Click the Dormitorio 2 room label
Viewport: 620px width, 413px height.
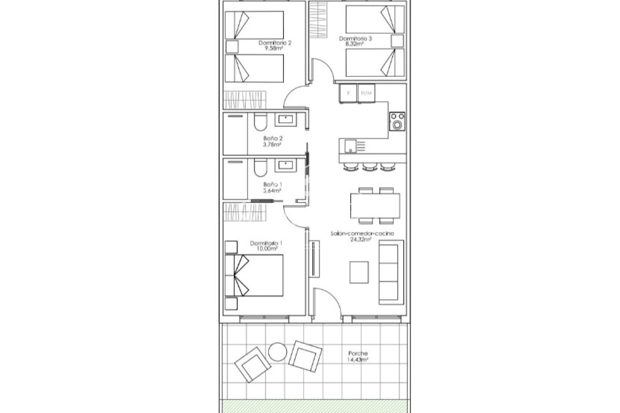point(275,43)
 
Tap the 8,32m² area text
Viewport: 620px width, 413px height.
point(355,44)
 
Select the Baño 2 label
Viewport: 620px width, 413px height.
point(273,138)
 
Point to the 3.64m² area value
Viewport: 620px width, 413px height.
point(272,190)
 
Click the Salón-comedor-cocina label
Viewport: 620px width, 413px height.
point(362,234)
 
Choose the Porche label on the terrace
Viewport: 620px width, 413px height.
point(358,354)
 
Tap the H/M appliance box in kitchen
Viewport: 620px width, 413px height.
point(366,93)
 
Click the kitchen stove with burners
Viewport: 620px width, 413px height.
point(397,121)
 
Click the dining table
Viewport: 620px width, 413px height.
point(375,206)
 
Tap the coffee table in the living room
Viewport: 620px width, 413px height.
point(359,272)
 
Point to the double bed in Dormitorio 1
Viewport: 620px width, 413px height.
point(254,275)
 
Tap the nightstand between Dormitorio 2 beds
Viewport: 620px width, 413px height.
point(232,46)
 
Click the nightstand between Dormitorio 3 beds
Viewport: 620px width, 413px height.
point(397,41)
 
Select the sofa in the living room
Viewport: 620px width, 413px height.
point(390,272)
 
